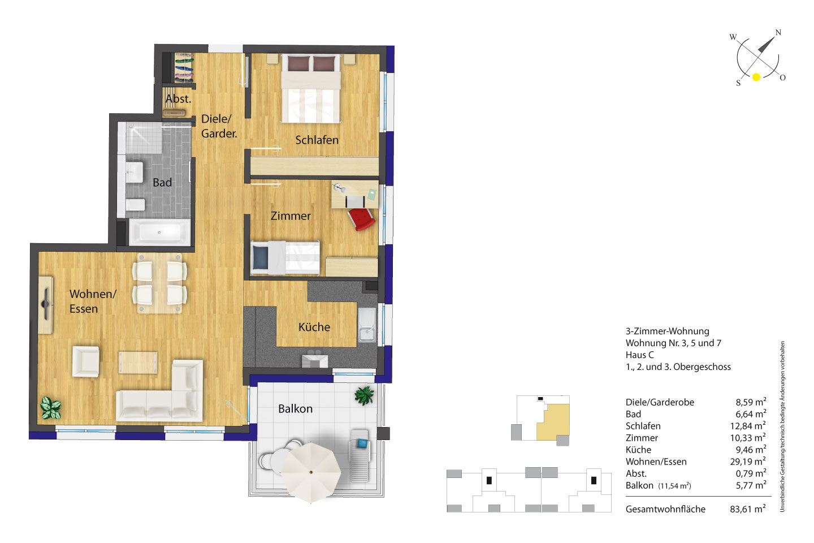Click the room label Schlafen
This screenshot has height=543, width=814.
pos(317,140)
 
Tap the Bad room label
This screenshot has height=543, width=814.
pos(162,182)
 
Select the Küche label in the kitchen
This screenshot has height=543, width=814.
pos(314,327)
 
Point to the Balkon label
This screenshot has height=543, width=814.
pos(295,409)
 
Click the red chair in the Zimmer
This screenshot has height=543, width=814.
pos(361,219)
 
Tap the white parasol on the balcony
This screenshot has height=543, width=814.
pos(311,471)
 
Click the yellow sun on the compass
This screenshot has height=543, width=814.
pos(756,77)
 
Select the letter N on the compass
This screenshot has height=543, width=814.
pos(778,32)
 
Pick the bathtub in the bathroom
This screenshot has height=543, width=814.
pos(159,232)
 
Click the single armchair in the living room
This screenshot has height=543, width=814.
pos(86,361)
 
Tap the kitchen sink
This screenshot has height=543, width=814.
pos(367,325)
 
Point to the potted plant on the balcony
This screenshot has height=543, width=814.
pos(364,395)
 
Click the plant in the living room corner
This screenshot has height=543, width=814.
pos(50,408)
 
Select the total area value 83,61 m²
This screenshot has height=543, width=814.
pos(748,509)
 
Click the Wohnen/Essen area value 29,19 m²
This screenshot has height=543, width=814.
pos(748,462)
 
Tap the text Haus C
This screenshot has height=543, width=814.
pos(639,355)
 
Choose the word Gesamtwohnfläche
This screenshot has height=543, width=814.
pos(665,509)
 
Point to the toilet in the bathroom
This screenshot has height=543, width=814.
pos(135,205)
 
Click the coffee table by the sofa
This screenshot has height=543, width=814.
pos(138,362)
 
